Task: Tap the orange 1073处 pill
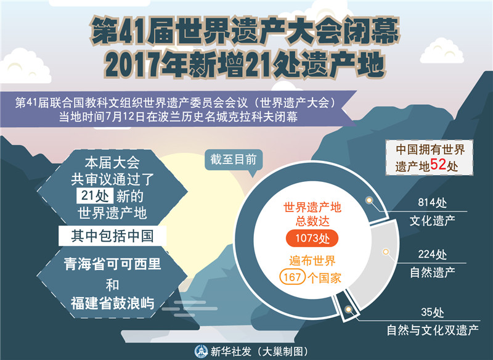tap(312, 238)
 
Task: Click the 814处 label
tap(432, 203)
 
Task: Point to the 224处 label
tap(432, 254)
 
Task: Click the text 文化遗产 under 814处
tap(432, 219)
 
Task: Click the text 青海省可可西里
tap(112, 264)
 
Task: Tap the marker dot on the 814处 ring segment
tap(370, 201)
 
